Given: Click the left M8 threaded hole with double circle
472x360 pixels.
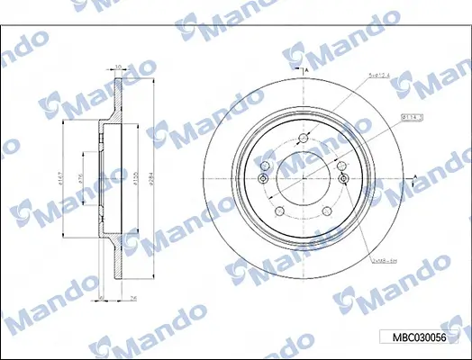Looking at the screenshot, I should click(x=263, y=180).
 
